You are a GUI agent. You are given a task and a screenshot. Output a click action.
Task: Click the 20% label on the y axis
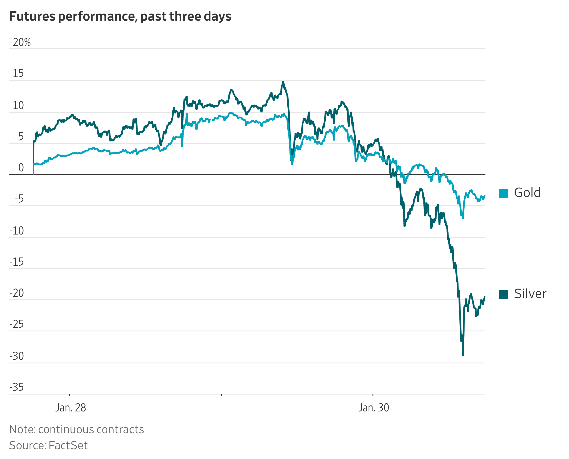[x=22, y=42]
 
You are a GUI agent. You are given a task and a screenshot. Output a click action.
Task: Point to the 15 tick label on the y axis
[x=18, y=74]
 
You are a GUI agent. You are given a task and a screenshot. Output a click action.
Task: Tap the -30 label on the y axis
[x=16, y=356]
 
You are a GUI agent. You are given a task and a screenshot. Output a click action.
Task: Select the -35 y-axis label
[x=16, y=387]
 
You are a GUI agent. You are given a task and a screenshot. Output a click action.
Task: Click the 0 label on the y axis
[x=21, y=168]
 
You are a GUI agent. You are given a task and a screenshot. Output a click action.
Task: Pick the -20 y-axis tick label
[x=16, y=293]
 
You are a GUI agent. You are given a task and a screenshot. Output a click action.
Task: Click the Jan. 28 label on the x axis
[x=71, y=408]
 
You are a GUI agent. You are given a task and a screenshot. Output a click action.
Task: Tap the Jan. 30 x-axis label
[x=374, y=408]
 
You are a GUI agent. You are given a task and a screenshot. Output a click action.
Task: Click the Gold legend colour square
[x=503, y=193]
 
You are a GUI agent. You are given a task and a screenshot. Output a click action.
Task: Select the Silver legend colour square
[x=503, y=294]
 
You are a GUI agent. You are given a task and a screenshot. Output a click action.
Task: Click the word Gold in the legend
[x=527, y=193]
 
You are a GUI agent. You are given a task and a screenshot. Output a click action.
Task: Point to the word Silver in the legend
[x=530, y=294]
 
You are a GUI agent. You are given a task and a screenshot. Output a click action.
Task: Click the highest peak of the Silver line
[x=283, y=82]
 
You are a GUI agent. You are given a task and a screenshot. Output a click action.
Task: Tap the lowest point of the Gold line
[x=463, y=218]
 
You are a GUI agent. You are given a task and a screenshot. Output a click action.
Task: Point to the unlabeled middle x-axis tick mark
[x=222, y=395]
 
